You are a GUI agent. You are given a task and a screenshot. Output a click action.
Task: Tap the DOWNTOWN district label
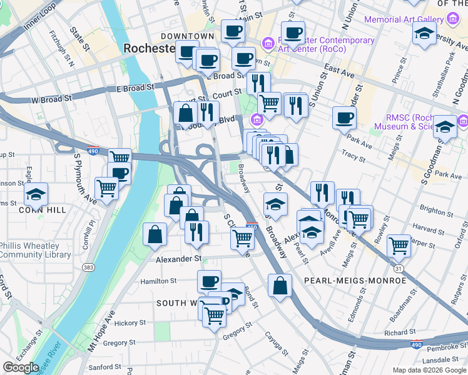187,36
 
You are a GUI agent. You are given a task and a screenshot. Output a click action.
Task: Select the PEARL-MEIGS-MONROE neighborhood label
355,281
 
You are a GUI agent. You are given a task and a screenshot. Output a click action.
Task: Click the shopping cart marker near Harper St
399,246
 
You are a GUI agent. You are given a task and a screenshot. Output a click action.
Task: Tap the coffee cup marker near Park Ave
344,117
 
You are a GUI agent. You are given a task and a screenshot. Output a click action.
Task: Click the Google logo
21,367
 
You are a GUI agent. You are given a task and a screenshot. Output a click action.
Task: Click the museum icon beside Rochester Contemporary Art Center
268,42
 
